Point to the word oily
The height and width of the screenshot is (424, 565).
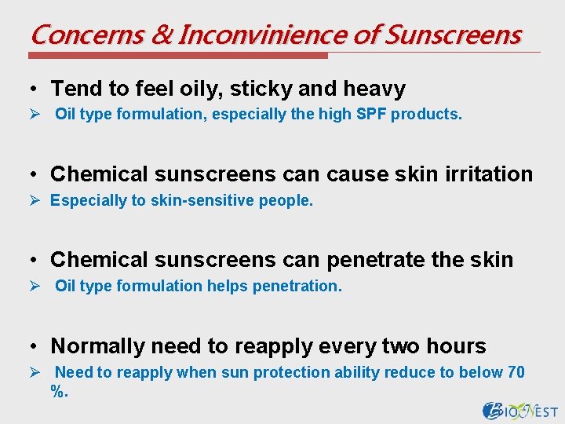pos(201,89)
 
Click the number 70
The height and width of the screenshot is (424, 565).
pos(516,372)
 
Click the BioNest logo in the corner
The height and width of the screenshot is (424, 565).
pos(520,410)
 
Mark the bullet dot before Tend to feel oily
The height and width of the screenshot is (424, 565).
pos(36,90)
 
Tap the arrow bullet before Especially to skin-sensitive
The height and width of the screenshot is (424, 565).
pos(35,200)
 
